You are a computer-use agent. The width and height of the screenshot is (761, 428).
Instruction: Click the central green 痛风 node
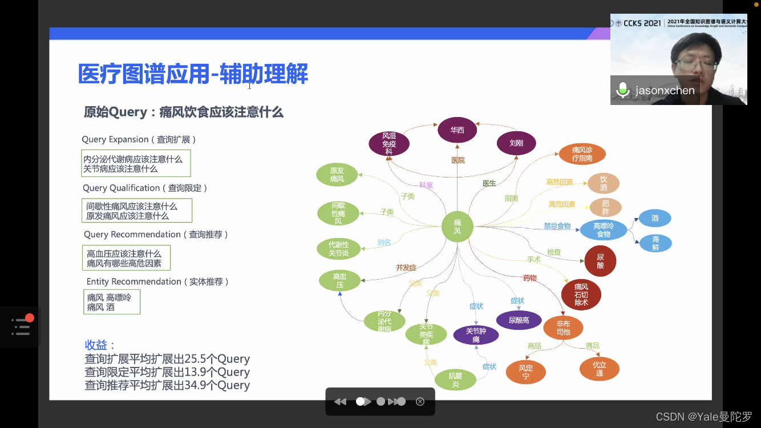click(x=458, y=227)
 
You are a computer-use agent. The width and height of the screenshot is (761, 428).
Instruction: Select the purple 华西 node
click(x=457, y=130)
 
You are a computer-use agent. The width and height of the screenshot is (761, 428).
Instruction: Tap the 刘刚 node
click(x=516, y=143)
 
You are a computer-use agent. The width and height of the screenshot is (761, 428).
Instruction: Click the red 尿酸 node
click(x=600, y=261)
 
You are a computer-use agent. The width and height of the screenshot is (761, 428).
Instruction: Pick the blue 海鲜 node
click(x=655, y=243)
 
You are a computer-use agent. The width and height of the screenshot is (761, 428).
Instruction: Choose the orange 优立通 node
click(x=599, y=369)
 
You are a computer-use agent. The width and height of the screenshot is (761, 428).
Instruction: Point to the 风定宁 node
click(x=525, y=372)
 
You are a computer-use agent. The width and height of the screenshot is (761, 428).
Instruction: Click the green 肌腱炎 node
click(x=455, y=380)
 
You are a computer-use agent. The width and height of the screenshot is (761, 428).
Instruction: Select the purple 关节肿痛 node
click(x=476, y=335)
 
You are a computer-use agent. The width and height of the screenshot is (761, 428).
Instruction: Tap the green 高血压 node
click(x=339, y=280)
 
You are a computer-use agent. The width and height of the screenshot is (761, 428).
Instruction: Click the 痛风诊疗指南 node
click(x=582, y=154)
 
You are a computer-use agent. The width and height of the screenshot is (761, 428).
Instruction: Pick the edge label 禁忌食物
click(x=557, y=227)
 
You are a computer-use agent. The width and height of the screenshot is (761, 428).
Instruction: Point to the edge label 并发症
click(x=406, y=268)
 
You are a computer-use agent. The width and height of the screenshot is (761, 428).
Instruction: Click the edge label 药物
click(x=529, y=278)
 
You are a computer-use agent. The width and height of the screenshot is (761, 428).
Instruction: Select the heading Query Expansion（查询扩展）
click(x=139, y=140)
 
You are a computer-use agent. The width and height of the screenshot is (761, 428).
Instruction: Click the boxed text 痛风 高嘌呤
click(x=109, y=297)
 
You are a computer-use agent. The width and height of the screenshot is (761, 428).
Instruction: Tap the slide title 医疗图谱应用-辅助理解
click(x=193, y=74)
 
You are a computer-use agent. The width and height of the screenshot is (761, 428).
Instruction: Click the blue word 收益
click(x=100, y=345)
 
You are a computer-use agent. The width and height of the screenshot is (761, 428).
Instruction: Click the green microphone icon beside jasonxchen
click(x=622, y=90)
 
